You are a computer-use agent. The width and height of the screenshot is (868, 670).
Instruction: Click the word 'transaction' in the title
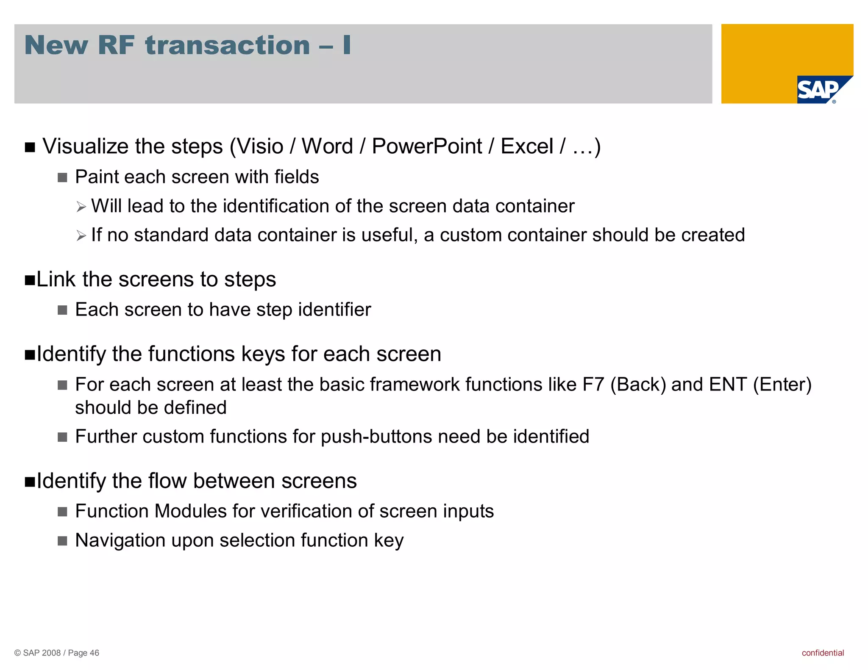click(228, 45)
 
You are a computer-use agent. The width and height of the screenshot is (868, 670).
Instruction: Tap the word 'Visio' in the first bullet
click(259, 147)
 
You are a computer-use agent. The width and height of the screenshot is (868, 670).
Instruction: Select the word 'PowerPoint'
click(427, 147)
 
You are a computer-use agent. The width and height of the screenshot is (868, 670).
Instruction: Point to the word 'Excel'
click(527, 147)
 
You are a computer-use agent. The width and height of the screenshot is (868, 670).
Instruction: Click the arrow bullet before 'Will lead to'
click(81, 207)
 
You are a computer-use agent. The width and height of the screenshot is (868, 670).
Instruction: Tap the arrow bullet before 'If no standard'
click(81, 236)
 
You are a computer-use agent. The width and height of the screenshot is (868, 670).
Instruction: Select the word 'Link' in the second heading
click(56, 280)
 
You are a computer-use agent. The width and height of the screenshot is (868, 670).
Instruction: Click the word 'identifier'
click(334, 310)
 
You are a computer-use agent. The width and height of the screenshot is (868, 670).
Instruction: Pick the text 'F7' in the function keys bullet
click(593, 385)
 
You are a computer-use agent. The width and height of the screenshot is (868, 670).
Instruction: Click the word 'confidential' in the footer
click(823, 653)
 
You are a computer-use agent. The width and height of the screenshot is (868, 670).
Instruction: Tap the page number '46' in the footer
click(94, 653)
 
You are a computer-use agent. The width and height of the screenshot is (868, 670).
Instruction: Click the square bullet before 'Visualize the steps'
click(30, 147)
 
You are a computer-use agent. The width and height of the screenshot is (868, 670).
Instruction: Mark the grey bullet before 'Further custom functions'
click(62, 437)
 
